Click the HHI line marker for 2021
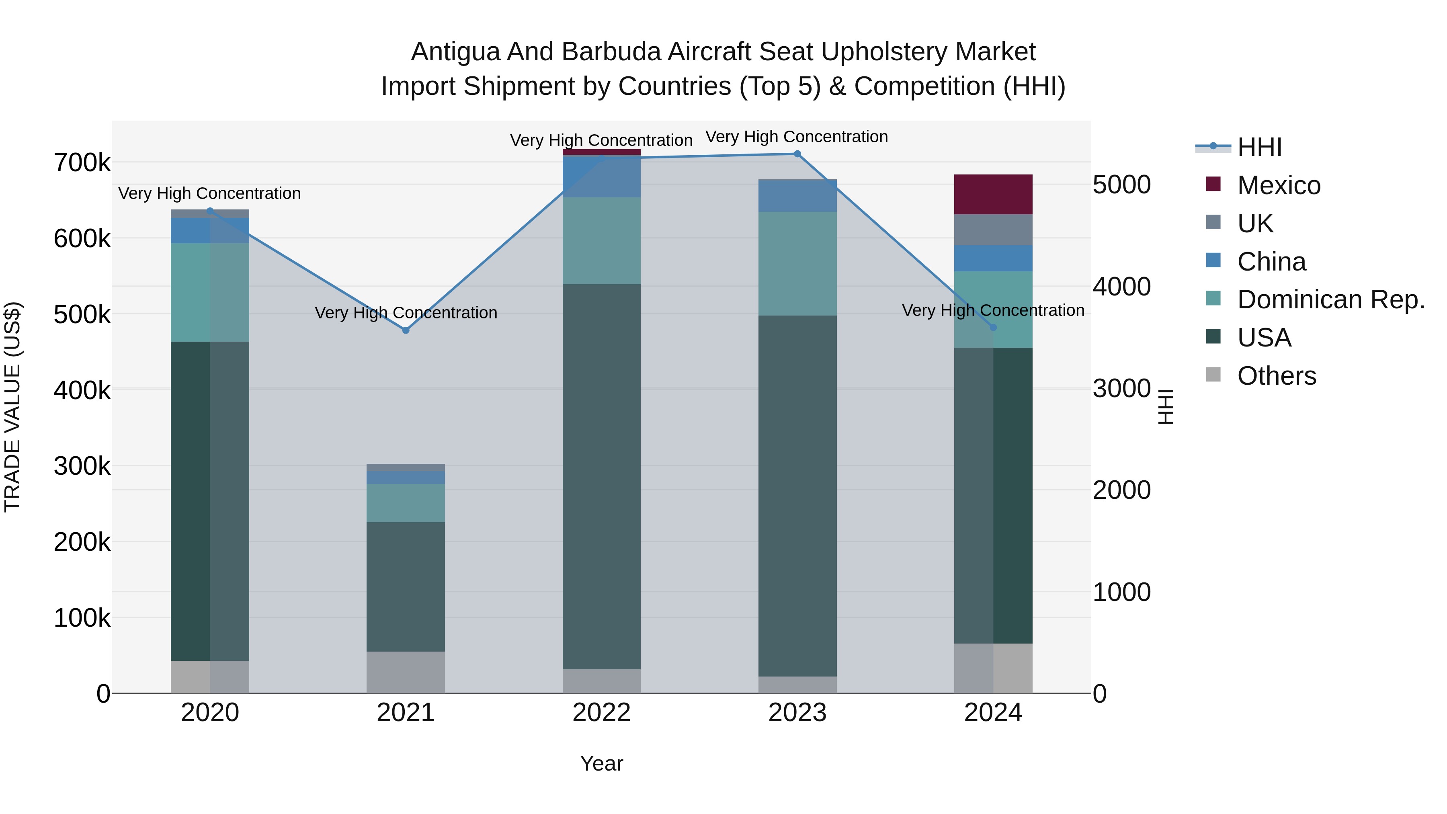click(406, 330)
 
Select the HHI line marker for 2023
click(797, 154)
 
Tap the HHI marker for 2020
click(210, 211)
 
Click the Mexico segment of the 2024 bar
click(993, 195)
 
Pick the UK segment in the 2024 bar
click(993, 230)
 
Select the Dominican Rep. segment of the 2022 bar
click(602, 240)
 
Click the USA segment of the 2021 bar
click(406, 586)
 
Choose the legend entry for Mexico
click(1279, 185)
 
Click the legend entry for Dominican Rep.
click(1330, 299)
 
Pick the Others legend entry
click(1276, 376)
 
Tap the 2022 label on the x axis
click(602, 713)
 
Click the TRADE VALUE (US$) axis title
click(12, 407)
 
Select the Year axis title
click(602, 763)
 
